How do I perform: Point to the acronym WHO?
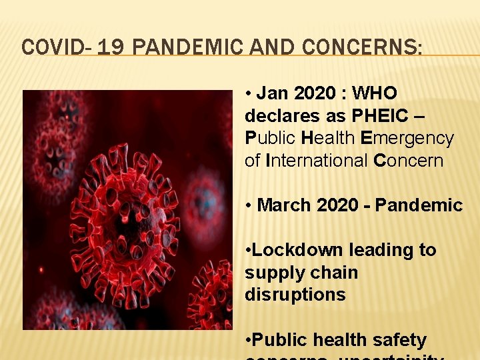[x=375, y=93]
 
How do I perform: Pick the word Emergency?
[x=407, y=138]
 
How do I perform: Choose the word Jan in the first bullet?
[x=273, y=93]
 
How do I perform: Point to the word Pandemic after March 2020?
[x=419, y=205]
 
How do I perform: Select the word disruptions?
[x=295, y=295]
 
